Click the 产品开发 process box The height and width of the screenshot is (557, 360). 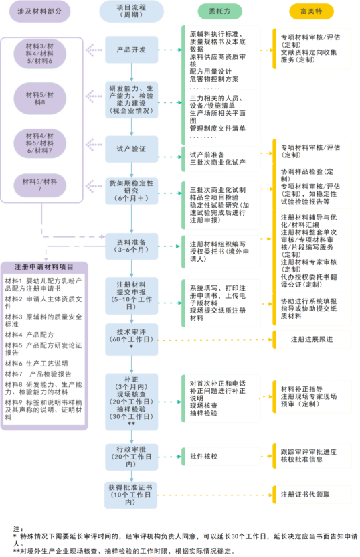coord(132,50)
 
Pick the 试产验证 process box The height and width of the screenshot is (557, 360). coord(132,147)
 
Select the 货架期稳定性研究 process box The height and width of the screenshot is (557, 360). coord(132,189)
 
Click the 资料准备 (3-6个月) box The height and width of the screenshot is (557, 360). coord(132,244)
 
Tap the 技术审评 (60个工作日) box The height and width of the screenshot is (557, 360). coord(132,339)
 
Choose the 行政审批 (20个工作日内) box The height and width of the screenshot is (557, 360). coord(132,455)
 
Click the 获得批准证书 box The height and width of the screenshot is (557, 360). coord(132,494)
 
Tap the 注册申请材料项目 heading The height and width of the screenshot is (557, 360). coord(44,266)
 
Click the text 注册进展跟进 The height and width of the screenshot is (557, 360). coord(312,339)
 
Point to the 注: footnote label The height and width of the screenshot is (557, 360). coord(17,528)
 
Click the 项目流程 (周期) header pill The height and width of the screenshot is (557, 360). coord(132,11)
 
